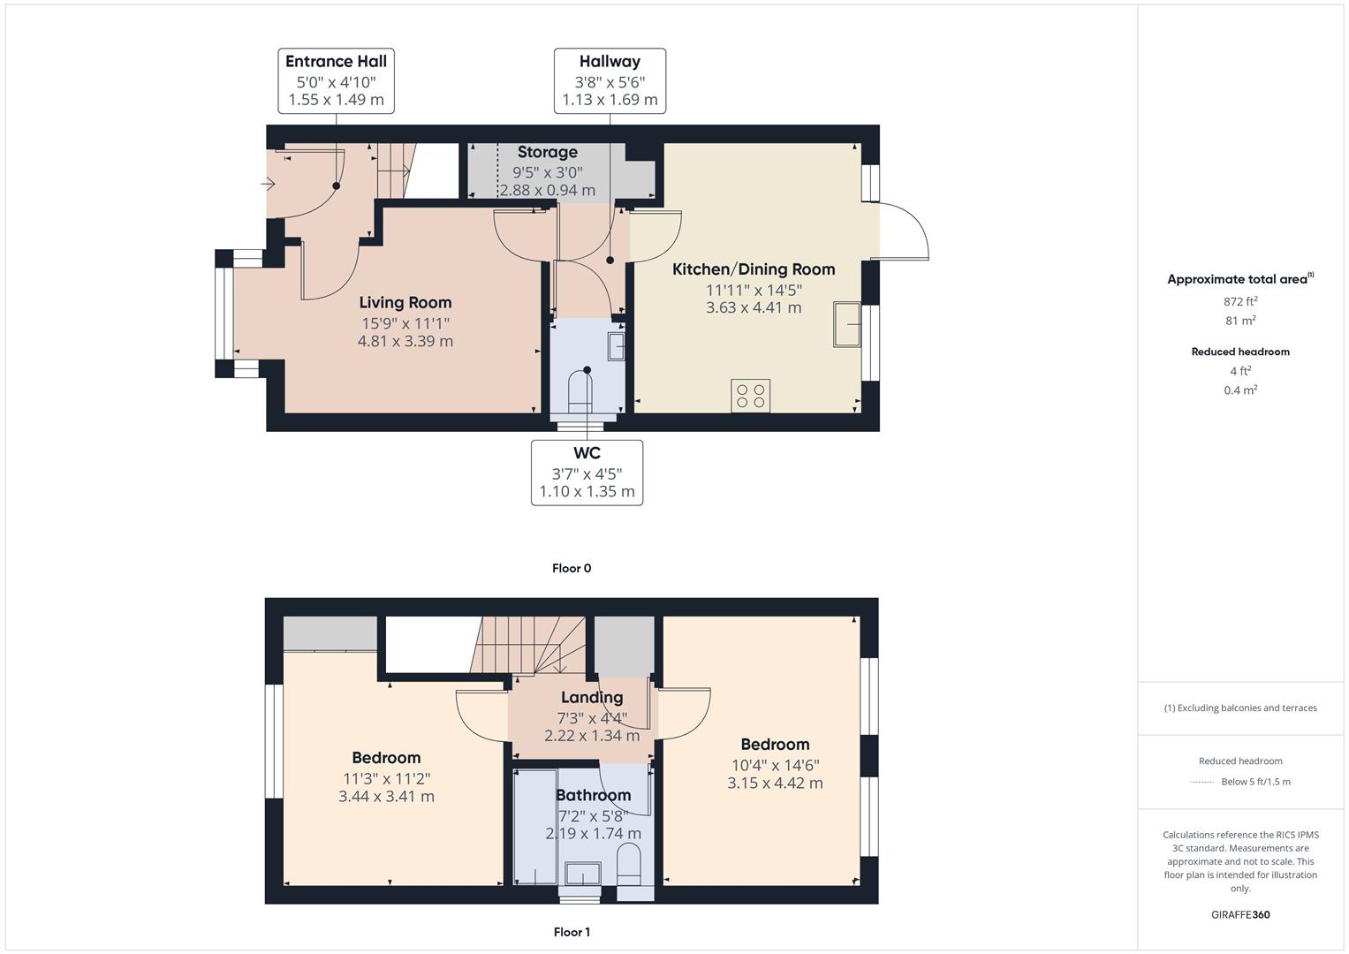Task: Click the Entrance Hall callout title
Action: point(336,62)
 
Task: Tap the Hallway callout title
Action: point(610,62)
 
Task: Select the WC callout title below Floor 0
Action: point(587,453)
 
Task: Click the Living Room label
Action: point(405,303)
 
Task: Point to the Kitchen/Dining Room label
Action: point(754,269)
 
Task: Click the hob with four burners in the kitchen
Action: point(750,396)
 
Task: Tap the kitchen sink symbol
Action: point(847,324)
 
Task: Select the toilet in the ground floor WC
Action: point(580,390)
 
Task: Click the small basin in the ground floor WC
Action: point(616,345)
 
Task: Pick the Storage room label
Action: point(547,153)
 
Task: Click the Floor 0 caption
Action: point(572,568)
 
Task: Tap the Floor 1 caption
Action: point(572,932)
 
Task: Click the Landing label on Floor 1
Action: point(592,698)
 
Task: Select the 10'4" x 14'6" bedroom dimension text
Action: point(775,766)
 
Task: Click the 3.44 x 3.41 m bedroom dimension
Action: point(386,797)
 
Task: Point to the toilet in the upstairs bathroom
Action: point(629,863)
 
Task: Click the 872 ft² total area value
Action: point(1240,301)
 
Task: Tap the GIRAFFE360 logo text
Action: point(1240,914)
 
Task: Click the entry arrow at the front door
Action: point(268,184)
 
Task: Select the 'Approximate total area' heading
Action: point(1239,279)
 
